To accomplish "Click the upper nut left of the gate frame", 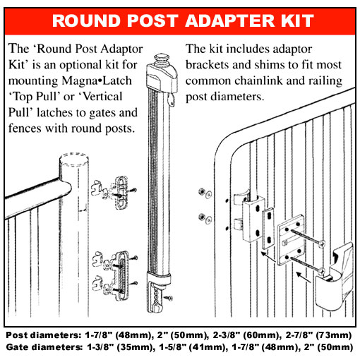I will click(x=203, y=191).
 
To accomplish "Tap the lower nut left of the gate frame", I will click(x=203, y=217).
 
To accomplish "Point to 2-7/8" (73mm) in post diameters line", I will click(x=314, y=334).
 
